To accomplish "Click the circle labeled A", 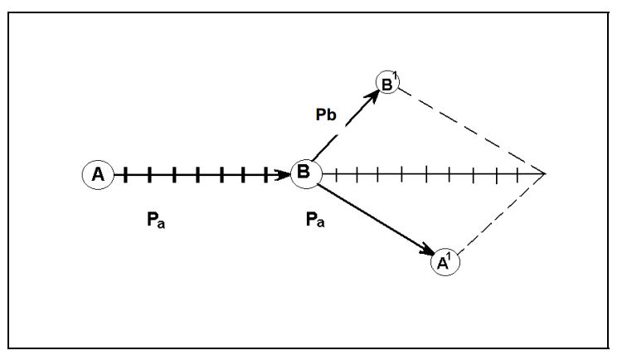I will pos(98,174).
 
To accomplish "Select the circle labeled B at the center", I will pos(304,173).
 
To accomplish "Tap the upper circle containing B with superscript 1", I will pos(387,82).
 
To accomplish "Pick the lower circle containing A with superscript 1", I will pos(445,262).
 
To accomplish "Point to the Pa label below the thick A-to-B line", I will pos(155,221).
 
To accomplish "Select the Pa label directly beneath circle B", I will pos(315,221).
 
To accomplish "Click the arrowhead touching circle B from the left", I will pos(284,174).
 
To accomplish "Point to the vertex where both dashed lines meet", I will pos(545,174).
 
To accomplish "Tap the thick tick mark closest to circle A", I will pos(125,174).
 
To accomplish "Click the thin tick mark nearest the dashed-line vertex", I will pos(518,174).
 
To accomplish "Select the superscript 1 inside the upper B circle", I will pos(395,76).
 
